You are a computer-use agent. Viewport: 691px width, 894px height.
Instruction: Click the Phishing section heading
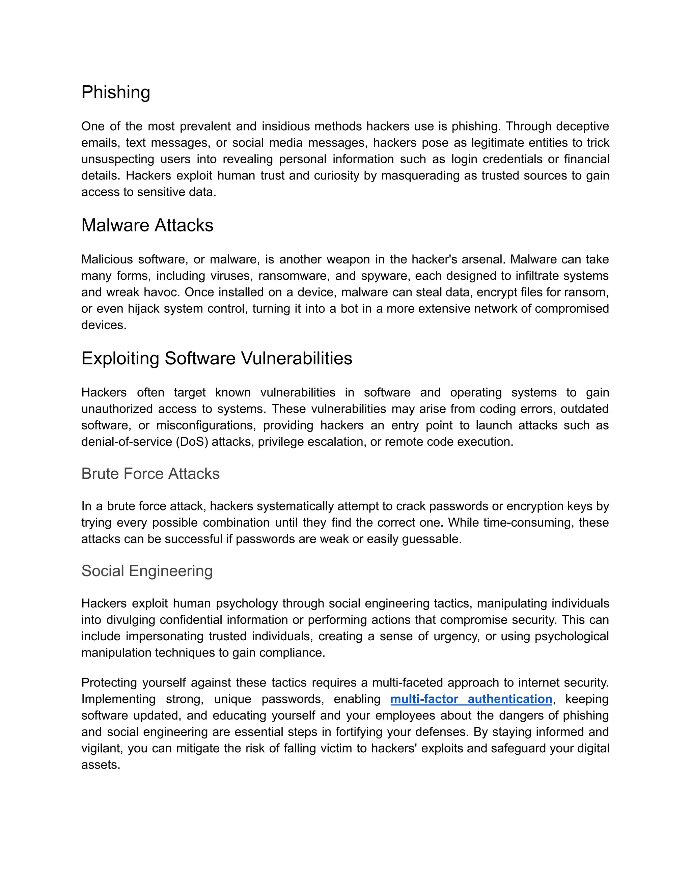116,92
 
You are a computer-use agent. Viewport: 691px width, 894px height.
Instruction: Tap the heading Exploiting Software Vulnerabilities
217,359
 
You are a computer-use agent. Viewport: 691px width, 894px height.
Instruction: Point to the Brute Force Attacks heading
150,474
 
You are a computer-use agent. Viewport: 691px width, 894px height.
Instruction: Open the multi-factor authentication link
471,699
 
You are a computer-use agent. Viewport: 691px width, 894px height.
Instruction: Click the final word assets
100,765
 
